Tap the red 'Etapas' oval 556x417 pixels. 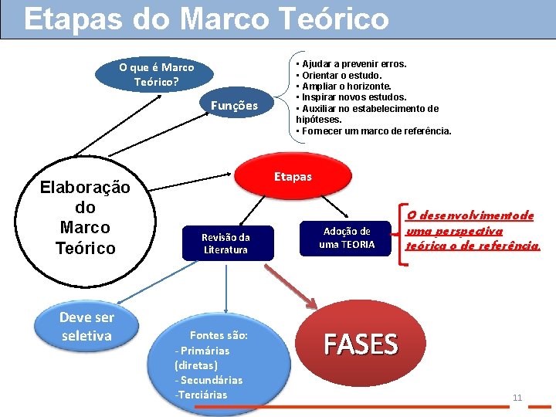coord(293,177)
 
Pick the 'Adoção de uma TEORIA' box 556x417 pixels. coord(347,237)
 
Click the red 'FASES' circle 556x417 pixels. coord(361,345)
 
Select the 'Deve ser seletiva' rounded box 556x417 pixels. coord(86,327)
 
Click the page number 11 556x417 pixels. coord(517,398)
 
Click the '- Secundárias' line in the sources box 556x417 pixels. coord(208,380)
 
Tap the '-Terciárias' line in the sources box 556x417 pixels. coord(202,395)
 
